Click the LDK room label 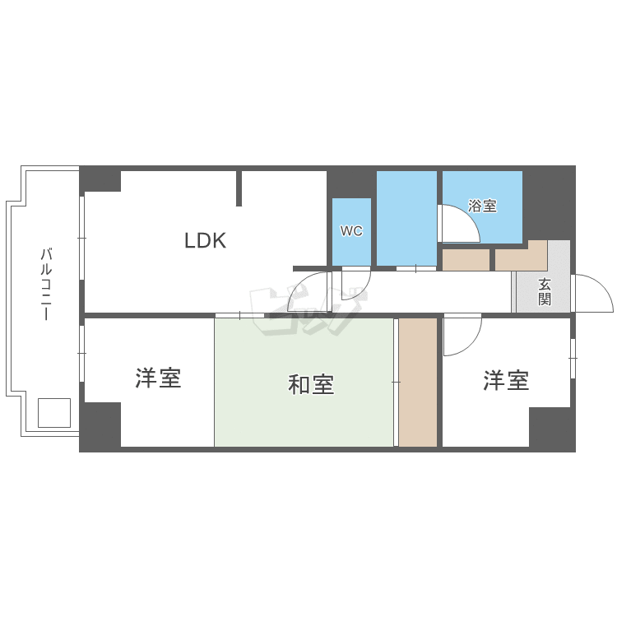click(x=206, y=240)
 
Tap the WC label click(x=351, y=230)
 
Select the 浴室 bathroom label click(x=482, y=206)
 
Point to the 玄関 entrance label click(x=545, y=291)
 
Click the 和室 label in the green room click(x=311, y=384)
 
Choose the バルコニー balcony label click(x=46, y=284)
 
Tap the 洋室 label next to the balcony click(x=158, y=378)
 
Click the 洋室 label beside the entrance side click(x=506, y=381)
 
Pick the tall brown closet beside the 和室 click(x=418, y=382)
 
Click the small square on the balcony click(x=54, y=413)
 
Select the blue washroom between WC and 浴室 click(x=406, y=218)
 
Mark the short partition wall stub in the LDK click(x=239, y=188)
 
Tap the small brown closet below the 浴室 click(x=466, y=260)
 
